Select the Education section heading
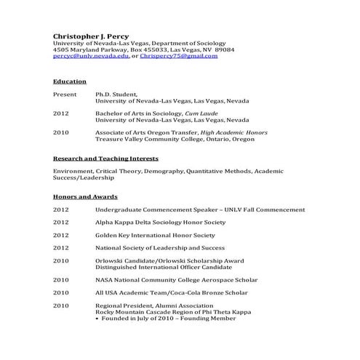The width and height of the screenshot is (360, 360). [70, 81]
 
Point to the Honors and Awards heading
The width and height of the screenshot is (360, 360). [85, 196]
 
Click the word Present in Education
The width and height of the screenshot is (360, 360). [65, 95]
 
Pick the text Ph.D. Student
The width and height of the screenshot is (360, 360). [115, 95]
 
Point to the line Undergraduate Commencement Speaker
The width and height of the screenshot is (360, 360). [200, 209]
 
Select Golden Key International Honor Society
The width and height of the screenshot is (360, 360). [155, 235]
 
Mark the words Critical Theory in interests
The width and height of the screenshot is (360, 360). [111, 171]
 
